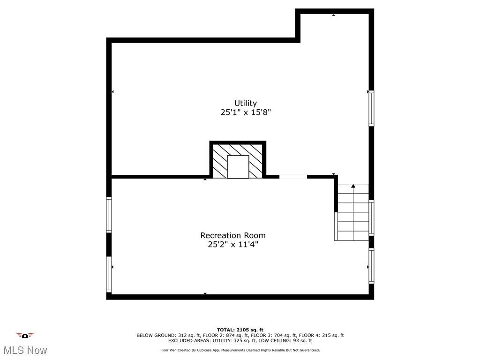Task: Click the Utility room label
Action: pyautogui.click(x=246, y=103)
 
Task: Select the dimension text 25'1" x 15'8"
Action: pyautogui.click(x=246, y=112)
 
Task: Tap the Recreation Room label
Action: pyautogui.click(x=233, y=235)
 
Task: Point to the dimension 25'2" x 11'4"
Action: pyautogui.click(x=233, y=245)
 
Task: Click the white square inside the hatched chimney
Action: pyautogui.click(x=238, y=167)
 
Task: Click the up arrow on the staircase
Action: pyautogui.click(x=353, y=186)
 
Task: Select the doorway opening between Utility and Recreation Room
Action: pyautogui.click(x=293, y=177)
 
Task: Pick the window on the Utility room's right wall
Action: pyautogui.click(x=371, y=108)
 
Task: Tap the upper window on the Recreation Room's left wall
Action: pyautogui.click(x=109, y=215)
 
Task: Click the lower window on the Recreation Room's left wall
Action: pyautogui.click(x=109, y=274)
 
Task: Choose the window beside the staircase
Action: pyautogui.click(x=371, y=217)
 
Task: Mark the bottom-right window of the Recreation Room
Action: pyautogui.click(x=371, y=266)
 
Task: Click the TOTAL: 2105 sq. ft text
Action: pyautogui.click(x=240, y=330)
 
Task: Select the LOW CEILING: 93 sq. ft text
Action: pyautogui.click(x=289, y=341)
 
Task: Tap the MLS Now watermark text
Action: pyautogui.click(x=25, y=350)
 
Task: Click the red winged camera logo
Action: pyautogui.click(x=25, y=335)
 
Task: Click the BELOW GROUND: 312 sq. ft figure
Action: pyautogui.click(x=162, y=335)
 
